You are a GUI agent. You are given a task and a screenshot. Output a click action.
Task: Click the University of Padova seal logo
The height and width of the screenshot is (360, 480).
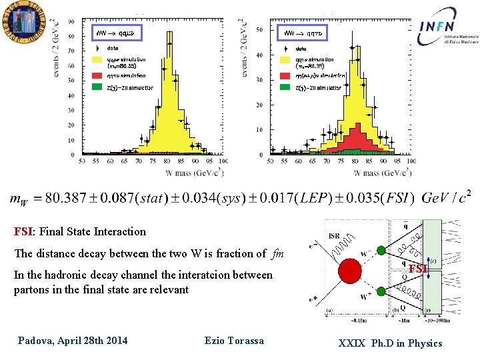(22, 21)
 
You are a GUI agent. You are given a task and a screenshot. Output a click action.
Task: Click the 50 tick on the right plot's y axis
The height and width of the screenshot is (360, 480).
(259, 30)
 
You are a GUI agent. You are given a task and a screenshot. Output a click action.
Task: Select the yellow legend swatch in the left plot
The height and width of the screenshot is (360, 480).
(99, 62)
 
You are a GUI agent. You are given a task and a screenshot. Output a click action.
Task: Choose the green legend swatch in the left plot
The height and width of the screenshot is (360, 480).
(99, 87)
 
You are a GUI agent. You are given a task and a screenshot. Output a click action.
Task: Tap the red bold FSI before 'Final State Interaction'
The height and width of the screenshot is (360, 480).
(24, 232)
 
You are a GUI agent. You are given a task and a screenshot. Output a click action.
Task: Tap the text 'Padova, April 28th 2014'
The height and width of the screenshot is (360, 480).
(73, 341)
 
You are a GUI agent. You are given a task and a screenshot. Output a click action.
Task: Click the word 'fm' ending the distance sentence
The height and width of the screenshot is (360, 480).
(279, 253)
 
